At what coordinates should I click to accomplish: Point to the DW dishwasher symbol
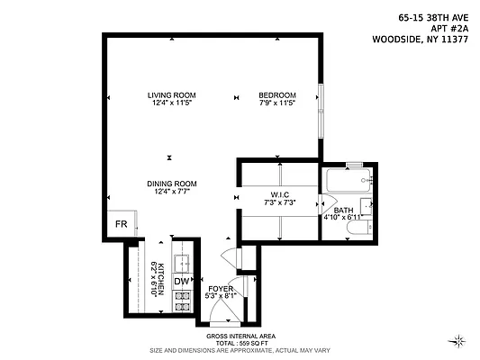[x=182, y=281]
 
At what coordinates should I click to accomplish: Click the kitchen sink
[x=182, y=261]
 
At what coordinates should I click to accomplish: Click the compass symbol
[x=460, y=340]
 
